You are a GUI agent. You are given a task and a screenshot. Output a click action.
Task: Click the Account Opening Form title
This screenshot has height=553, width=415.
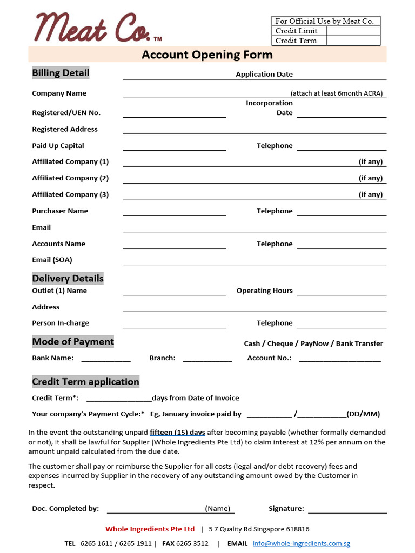(207, 55)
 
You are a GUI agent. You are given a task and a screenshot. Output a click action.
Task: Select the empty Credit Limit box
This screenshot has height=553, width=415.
(353, 31)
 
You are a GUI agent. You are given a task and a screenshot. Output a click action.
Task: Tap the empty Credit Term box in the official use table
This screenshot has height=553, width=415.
(353, 41)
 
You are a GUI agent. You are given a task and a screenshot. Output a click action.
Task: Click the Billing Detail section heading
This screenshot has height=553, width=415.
(61, 73)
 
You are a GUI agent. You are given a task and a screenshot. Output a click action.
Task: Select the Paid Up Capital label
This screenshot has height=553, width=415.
(58, 146)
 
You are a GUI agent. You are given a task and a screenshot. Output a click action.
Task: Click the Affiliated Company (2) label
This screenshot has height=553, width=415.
(70, 178)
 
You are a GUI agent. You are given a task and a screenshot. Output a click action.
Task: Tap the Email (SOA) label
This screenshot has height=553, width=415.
(52, 260)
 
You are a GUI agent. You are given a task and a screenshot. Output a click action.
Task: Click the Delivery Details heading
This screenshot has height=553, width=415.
(68, 279)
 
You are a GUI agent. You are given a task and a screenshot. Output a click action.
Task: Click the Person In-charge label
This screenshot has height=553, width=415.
(61, 323)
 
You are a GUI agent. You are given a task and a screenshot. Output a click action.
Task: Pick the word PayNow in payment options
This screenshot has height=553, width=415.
(314, 343)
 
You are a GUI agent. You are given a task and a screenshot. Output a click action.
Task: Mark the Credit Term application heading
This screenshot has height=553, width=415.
(85, 382)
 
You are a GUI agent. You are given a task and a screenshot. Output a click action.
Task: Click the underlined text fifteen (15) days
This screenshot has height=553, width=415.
(177, 433)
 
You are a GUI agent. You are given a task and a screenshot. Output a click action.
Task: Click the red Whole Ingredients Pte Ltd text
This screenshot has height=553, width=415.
(150, 529)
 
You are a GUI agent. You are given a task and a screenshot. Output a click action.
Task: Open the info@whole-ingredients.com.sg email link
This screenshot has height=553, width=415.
(301, 543)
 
